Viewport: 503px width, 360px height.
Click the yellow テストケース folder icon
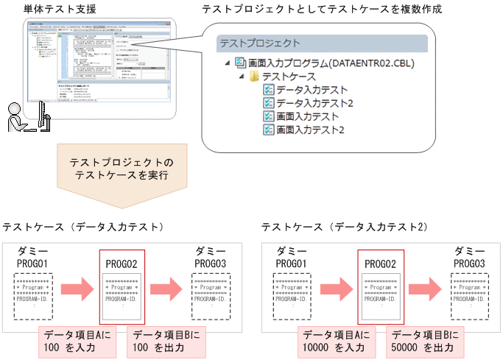click(x=254, y=77)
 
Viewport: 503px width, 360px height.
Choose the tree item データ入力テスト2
click(x=314, y=103)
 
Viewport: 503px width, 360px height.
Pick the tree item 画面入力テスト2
click(x=310, y=130)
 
